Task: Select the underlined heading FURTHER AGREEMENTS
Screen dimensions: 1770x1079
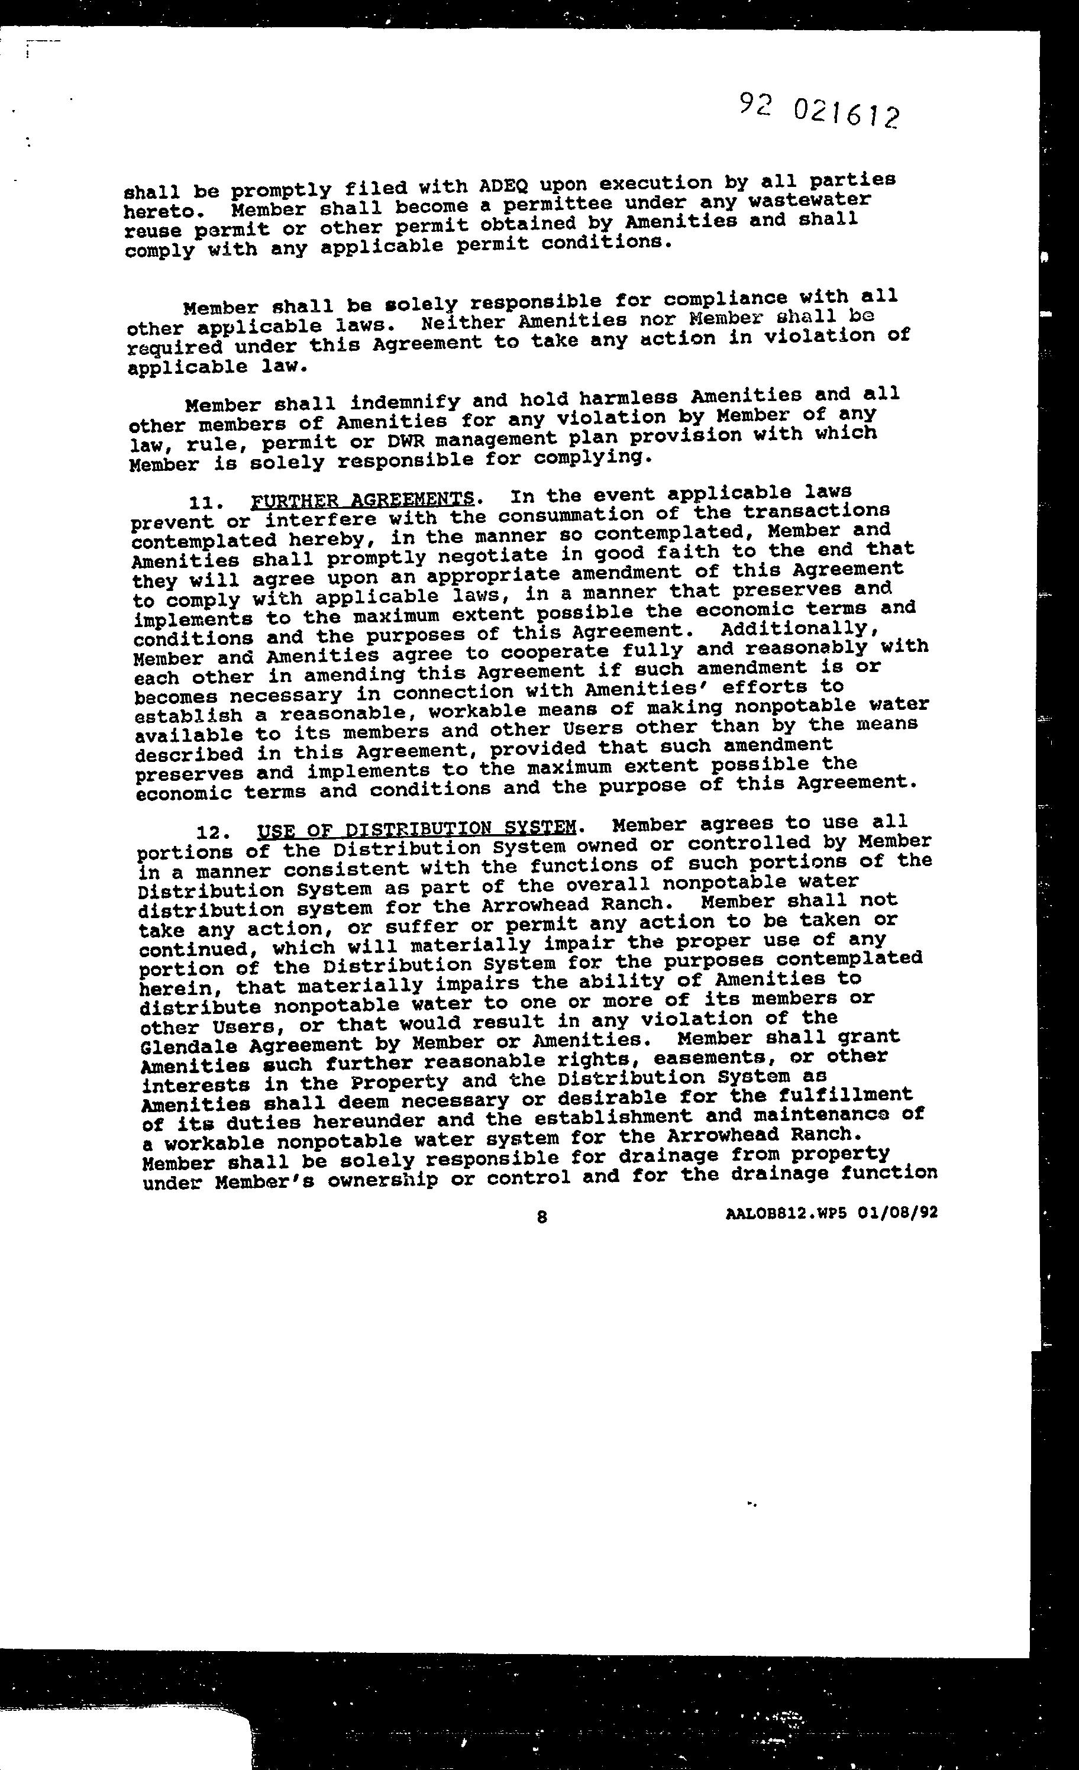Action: (363, 499)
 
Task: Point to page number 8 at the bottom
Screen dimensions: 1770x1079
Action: (542, 1216)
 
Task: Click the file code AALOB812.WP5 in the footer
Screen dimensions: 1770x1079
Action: (787, 1213)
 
